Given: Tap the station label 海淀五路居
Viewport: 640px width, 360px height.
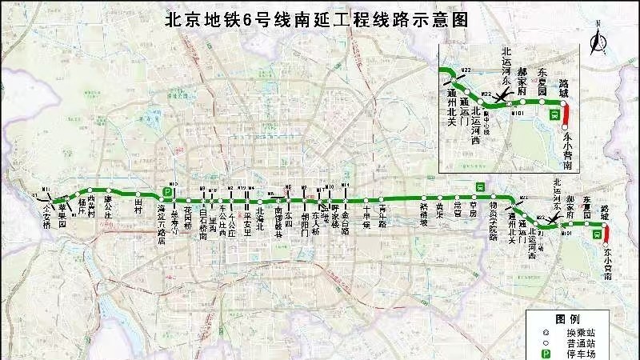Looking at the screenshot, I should [162, 221].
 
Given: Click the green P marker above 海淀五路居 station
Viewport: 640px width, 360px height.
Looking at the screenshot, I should [168, 191].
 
